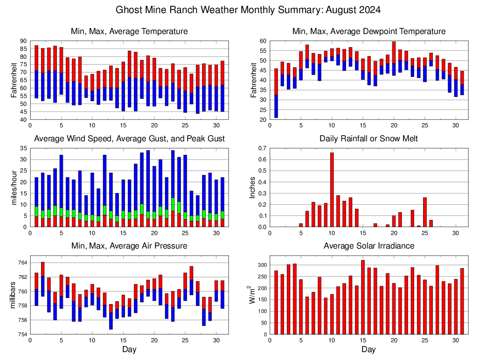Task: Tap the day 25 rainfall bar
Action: [x=425, y=212]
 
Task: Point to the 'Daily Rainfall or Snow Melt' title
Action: [x=368, y=138]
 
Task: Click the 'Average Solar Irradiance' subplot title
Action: [x=368, y=246]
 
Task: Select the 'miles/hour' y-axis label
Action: [x=14, y=188]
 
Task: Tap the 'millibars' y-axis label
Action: [x=14, y=295]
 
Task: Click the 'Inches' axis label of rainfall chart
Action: [x=253, y=188]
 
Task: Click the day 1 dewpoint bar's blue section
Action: [x=276, y=106]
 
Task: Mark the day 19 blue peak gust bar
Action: [x=148, y=182]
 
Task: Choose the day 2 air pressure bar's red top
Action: [x=43, y=269]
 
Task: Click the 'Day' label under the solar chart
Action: [x=368, y=349]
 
